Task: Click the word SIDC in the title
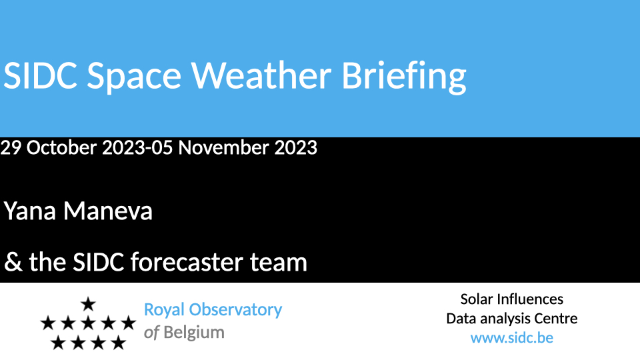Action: tap(40, 75)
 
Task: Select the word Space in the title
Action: tap(134, 77)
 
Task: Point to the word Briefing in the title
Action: tap(404, 77)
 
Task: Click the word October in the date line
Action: tap(61, 147)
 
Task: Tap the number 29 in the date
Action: tap(11, 147)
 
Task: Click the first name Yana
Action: tap(30, 211)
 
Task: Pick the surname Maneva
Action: tap(108, 211)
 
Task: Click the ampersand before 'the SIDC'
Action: tap(13, 262)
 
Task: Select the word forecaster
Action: tap(187, 261)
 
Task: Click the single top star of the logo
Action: tap(88, 304)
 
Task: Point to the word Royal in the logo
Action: tap(164, 310)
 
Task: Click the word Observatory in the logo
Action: tap(235, 310)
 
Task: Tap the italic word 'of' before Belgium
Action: tap(151, 333)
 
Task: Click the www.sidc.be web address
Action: tap(512, 338)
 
